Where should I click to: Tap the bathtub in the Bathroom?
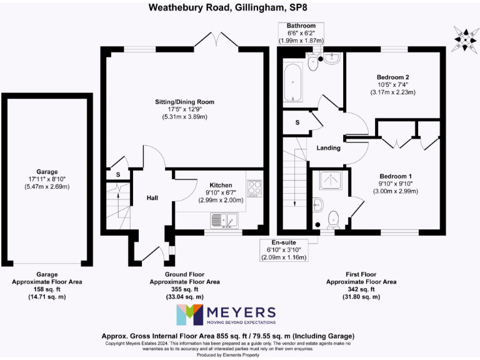[293, 83]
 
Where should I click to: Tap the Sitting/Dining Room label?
[184, 102]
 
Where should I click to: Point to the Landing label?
[329, 148]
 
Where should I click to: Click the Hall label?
[152, 198]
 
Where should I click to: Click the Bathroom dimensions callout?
[301, 33]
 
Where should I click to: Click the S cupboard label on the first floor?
[297, 122]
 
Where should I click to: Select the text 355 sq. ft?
[184, 289]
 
